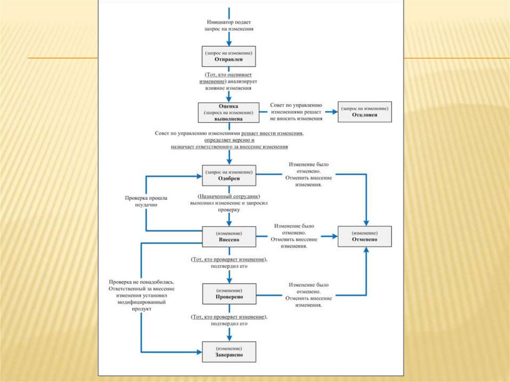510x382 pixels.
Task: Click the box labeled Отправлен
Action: pos(229,56)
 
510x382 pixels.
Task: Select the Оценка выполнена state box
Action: pos(229,113)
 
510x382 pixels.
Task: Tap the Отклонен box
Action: pos(365,112)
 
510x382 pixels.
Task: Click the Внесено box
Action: pos(229,236)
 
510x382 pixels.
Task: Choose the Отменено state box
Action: pos(365,236)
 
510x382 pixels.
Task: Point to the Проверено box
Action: pos(229,293)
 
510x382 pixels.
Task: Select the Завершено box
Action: pos(229,352)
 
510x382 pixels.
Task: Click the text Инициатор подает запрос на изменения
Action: pos(229,25)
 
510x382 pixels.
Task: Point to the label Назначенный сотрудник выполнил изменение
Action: pos(229,203)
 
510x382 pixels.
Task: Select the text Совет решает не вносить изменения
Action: pos(297,112)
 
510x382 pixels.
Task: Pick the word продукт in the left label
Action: pos(141,309)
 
